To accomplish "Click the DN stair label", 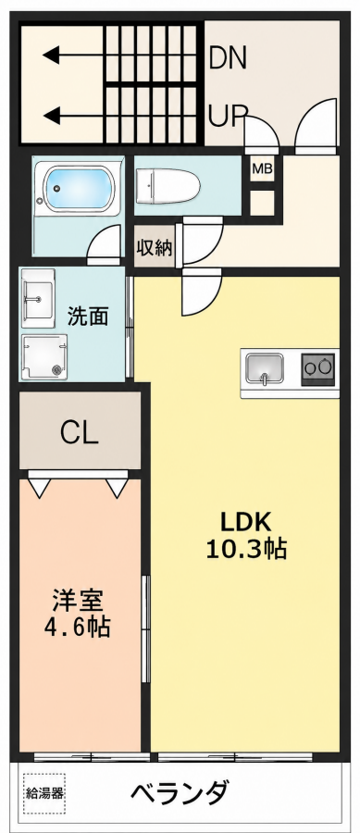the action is pos(229,58).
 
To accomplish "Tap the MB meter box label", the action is pos(262,169).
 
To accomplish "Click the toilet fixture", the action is pos(168,186).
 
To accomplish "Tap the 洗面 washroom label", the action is pos(88,317).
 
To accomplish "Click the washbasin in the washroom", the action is pos(38,299).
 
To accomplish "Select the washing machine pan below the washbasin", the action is pos(44,357).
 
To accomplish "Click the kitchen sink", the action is pos(266,367).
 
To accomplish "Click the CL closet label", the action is pos(80,433).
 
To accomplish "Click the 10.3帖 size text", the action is pos(247,549).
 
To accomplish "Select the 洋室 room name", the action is pos(78,601).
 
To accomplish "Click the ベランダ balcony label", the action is pos(180,793).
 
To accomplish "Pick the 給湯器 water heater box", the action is pos(44,794).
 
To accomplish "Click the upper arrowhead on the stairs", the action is pos(51,55).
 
